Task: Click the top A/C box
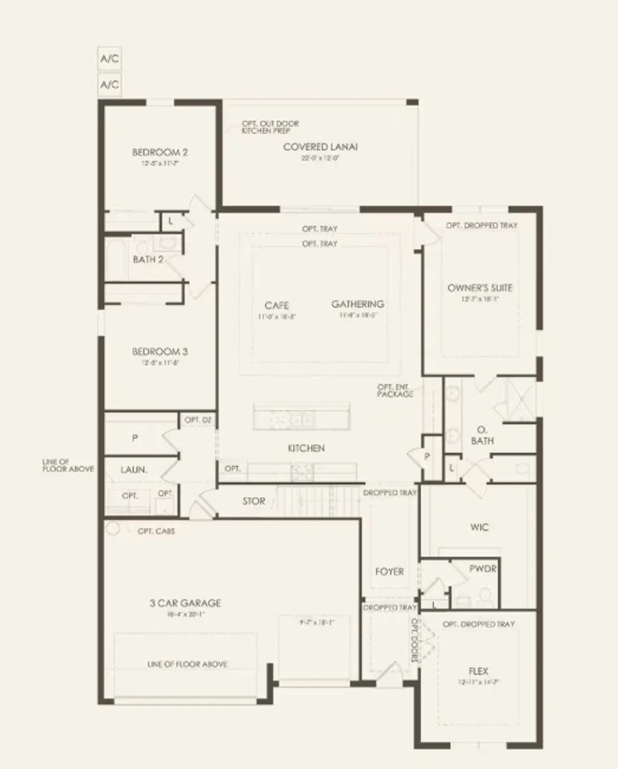point(109,59)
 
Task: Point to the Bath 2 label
point(148,260)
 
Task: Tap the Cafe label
point(277,305)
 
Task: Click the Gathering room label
point(358,304)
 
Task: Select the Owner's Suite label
point(480,288)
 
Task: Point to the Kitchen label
point(306,448)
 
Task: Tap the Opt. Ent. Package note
point(395,390)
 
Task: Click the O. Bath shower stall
point(519,399)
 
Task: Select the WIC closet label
point(479,527)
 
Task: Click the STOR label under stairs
point(254,501)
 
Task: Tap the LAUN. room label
point(134,469)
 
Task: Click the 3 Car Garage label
point(185,603)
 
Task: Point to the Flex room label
point(478,671)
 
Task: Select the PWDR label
point(483,569)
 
